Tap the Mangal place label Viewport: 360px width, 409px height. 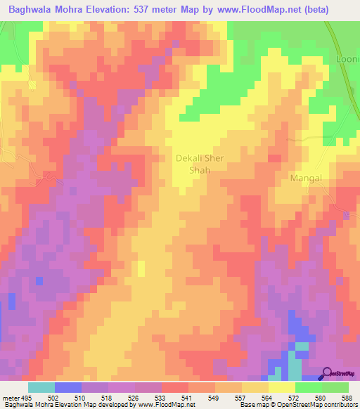[x=306, y=178]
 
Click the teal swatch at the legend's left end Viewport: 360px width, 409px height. [x=41, y=387]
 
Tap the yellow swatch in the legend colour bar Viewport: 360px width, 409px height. [x=281, y=387]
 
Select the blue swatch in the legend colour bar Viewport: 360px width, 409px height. [x=67, y=387]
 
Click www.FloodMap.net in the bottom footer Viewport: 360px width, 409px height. [x=166, y=405]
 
